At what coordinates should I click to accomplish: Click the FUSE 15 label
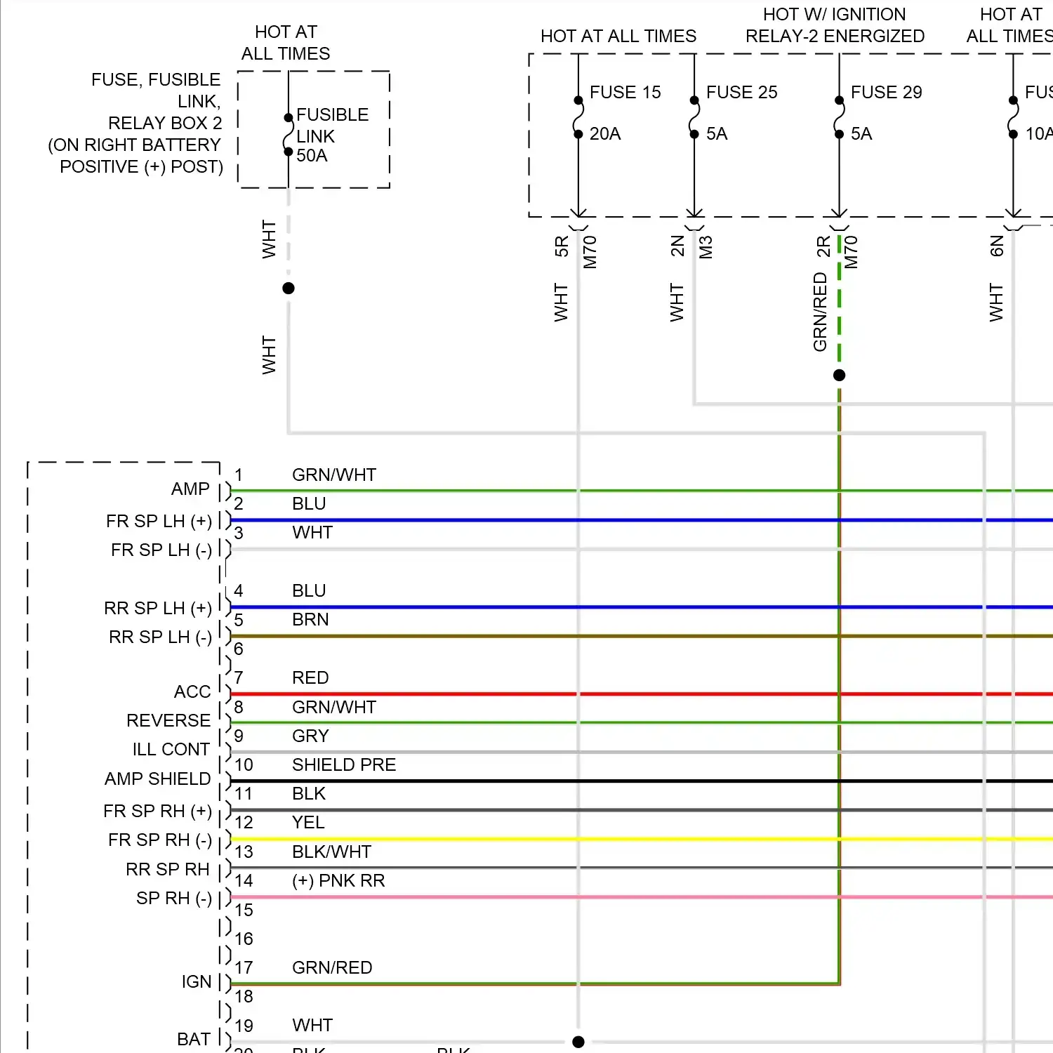625,92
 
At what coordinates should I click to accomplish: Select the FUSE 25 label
741,92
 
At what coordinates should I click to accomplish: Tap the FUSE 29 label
886,92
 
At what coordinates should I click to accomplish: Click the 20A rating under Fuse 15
605,133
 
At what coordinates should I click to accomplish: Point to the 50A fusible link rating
312,155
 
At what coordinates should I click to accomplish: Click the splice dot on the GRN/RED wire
839,375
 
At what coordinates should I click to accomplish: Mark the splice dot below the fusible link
288,288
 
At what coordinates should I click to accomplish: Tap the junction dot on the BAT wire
578,1042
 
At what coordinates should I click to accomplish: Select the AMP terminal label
190,489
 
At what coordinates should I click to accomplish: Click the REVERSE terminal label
168,720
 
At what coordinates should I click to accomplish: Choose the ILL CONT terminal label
171,749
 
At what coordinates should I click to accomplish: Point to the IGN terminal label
197,981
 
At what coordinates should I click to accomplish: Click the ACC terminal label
192,691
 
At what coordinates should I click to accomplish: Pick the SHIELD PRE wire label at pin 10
344,764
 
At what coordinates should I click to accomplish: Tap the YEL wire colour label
308,822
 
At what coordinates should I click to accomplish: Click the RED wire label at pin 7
310,677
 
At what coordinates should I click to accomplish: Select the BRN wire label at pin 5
310,619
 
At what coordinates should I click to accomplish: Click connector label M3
706,247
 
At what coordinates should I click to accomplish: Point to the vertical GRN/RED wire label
820,312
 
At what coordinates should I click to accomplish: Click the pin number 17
244,967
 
